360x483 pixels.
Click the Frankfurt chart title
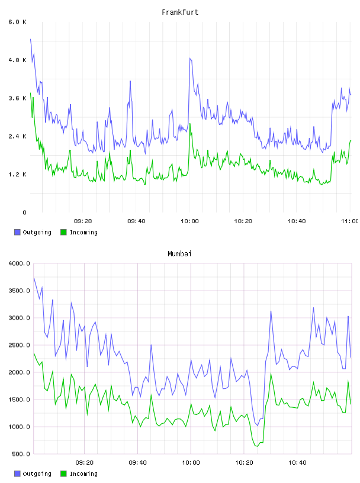point(180,12)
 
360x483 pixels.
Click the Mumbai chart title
point(179,254)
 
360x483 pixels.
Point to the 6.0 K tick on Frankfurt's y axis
point(18,22)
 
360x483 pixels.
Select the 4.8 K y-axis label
point(18,60)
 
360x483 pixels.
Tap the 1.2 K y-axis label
point(18,175)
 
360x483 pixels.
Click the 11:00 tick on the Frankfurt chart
point(350,221)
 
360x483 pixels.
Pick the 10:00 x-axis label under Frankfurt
point(189,221)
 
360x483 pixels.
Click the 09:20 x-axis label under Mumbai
point(85,463)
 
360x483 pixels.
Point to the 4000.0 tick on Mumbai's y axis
point(20,263)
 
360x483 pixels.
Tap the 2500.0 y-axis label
point(20,345)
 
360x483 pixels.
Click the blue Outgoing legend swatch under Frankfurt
point(17,232)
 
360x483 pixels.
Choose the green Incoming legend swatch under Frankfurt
point(63,232)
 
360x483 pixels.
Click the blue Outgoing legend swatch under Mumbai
point(17,474)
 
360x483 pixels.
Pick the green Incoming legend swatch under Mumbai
point(63,474)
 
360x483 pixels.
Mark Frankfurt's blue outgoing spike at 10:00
point(190,58)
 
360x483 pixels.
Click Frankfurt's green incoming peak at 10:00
point(190,124)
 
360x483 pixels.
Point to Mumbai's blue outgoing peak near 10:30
point(271,311)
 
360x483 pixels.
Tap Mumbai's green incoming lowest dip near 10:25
point(258,446)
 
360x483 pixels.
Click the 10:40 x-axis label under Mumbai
point(297,463)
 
